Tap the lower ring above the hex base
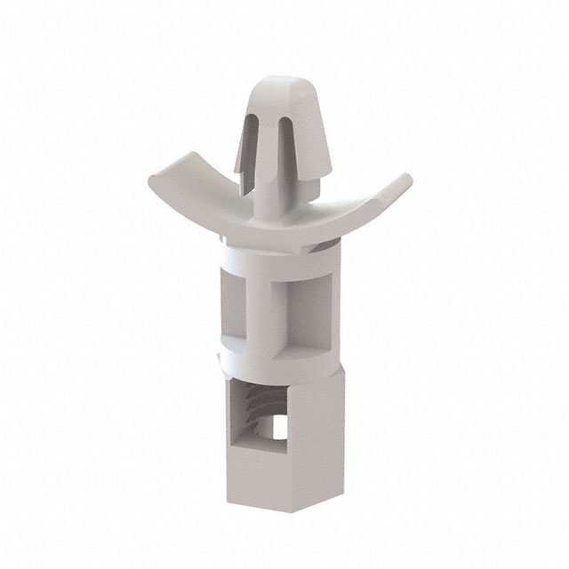271,361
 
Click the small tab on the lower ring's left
219,357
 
